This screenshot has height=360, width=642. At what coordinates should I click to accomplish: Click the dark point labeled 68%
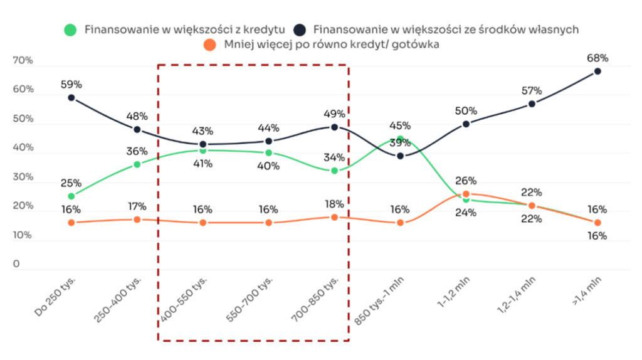tap(597, 71)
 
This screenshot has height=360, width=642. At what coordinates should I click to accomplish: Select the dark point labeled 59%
tap(71, 98)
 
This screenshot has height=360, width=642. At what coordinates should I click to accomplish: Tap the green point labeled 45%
tap(400, 139)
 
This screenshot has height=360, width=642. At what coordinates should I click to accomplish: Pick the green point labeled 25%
tap(71, 196)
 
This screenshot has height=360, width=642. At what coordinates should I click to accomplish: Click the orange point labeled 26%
tap(466, 194)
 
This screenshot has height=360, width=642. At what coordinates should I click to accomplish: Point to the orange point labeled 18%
tap(334, 217)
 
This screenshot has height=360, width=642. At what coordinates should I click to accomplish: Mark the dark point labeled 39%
tap(400, 156)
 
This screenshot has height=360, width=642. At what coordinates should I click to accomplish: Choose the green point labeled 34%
tap(334, 171)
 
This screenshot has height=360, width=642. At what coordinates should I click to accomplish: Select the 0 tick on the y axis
tap(16, 264)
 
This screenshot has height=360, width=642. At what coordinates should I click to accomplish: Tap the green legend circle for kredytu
tap(71, 29)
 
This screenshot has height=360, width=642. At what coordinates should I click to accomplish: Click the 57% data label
tap(532, 91)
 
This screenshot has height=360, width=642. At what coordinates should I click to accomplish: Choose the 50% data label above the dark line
tap(466, 111)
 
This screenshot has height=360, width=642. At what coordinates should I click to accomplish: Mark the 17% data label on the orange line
tap(137, 206)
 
